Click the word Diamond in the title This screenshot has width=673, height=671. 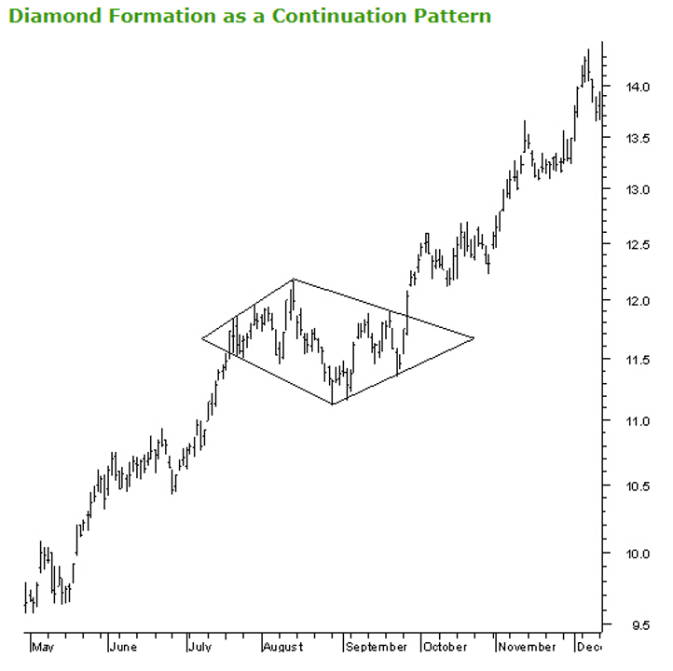pos(54,16)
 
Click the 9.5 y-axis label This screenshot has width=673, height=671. pos(639,625)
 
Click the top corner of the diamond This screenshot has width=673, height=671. pos(294,279)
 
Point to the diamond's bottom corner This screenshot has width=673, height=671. pos(333,404)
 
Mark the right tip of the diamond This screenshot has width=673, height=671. pos(474,337)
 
